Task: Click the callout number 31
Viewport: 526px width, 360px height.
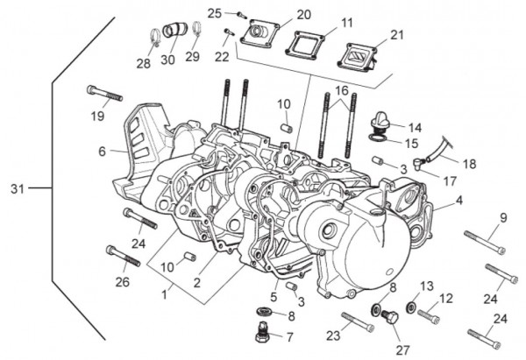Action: [x=19, y=189]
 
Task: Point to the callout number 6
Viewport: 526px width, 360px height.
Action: [x=102, y=152]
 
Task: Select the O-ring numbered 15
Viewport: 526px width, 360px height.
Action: [x=379, y=138]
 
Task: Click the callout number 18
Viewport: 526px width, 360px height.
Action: [x=469, y=164]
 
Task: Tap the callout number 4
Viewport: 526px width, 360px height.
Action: [x=459, y=201]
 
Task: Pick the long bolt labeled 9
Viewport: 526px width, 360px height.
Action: [x=483, y=241]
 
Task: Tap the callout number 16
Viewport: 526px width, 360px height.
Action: [x=341, y=90]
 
